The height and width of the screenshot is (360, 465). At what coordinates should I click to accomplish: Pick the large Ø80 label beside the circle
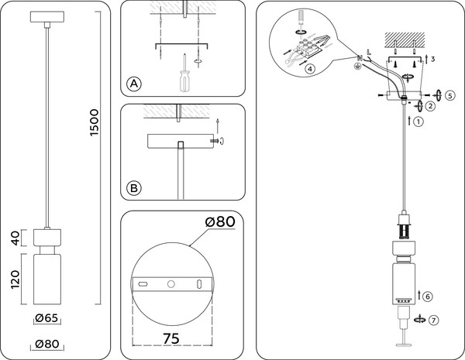(x=219, y=223)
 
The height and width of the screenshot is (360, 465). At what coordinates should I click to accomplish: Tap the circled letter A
(x=135, y=83)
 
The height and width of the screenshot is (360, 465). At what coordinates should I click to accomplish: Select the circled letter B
(x=135, y=187)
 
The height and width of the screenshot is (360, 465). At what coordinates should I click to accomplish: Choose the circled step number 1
(x=418, y=122)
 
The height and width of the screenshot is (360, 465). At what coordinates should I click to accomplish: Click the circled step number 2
(x=429, y=106)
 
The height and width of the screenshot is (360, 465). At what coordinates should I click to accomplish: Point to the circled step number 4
(x=310, y=68)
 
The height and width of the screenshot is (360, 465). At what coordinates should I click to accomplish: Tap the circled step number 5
(x=450, y=95)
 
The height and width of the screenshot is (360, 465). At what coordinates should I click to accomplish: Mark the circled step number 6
(x=428, y=294)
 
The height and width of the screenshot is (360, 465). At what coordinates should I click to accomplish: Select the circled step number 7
(x=433, y=319)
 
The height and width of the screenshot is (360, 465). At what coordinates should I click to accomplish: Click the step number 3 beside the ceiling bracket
(x=434, y=58)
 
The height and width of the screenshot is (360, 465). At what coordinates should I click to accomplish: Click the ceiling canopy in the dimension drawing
(x=48, y=18)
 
